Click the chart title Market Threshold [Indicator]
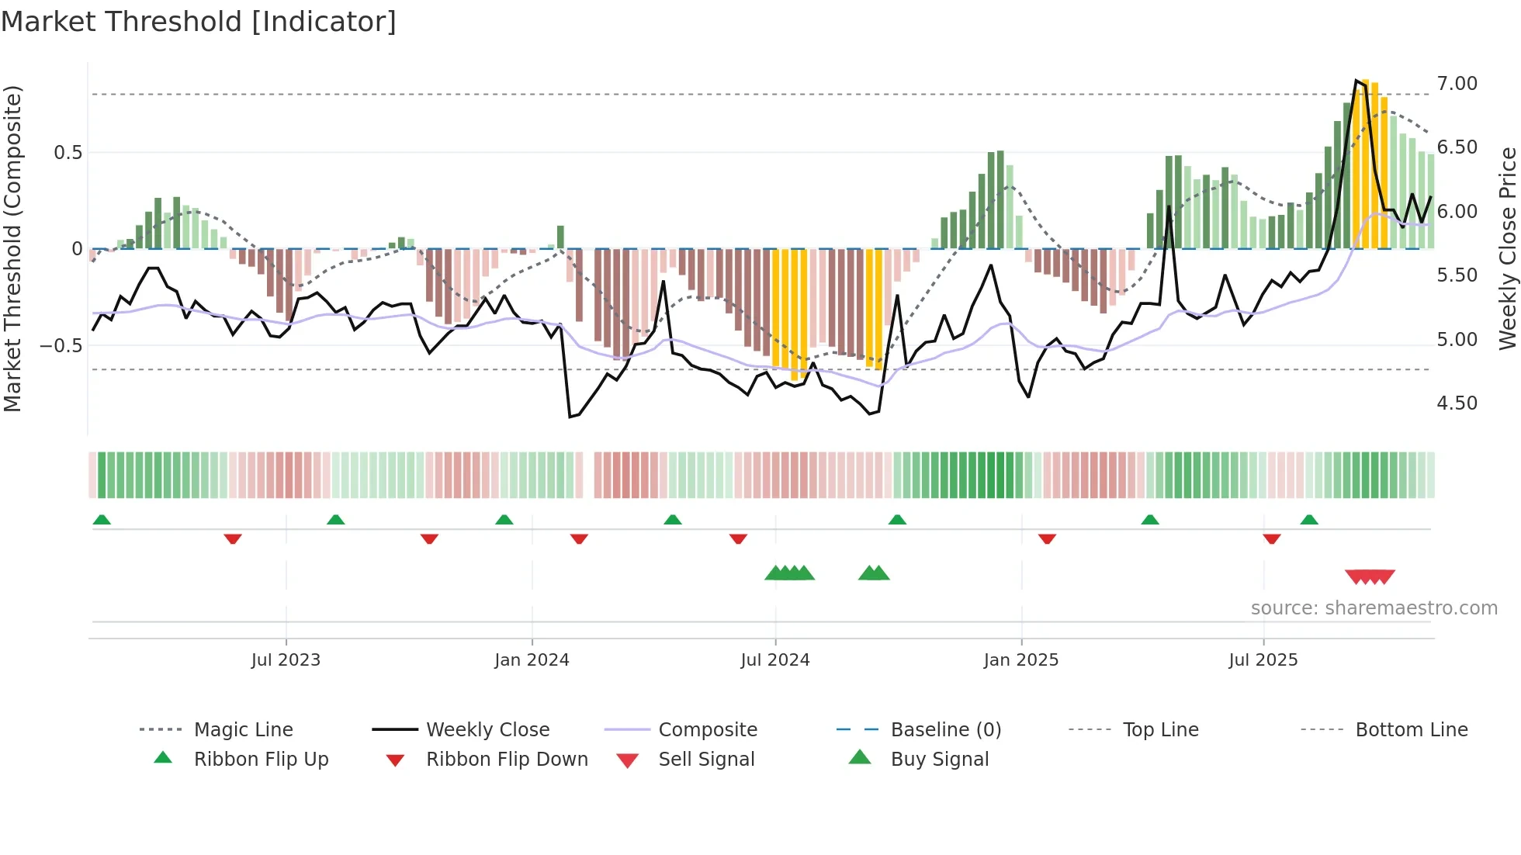point(199,21)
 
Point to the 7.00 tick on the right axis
point(1457,84)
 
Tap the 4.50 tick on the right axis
point(1457,403)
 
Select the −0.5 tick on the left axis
point(61,345)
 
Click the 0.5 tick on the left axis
point(68,153)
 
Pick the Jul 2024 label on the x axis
point(774,660)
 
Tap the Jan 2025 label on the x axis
point(1020,660)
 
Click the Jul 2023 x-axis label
point(286,660)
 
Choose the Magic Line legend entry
point(243,730)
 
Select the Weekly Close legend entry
point(487,730)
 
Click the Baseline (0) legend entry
point(945,730)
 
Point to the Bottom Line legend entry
point(1411,730)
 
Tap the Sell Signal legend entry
point(706,760)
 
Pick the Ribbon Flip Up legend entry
point(261,760)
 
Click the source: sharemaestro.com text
point(1374,608)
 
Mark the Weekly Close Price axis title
point(1507,248)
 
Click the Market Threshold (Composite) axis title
point(12,248)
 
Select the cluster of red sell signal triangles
point(1370,576)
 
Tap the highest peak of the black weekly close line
point(1356,80)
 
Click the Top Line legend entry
point(1160,730)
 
